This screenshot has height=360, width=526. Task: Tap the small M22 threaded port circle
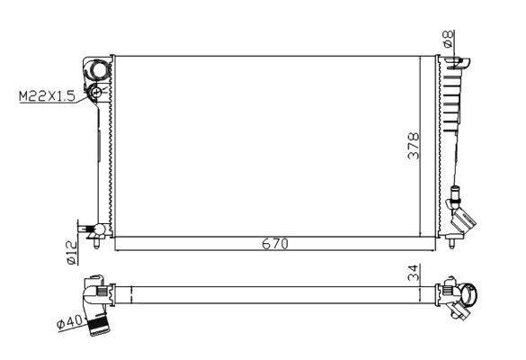click(96, 92)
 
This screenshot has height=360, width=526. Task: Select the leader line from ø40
click(79, 316)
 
